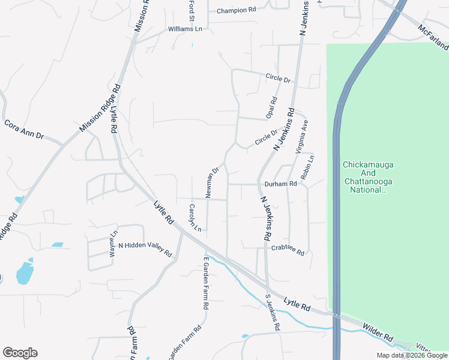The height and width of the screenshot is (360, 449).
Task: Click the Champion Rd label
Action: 237,10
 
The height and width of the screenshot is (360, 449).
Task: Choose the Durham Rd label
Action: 280,184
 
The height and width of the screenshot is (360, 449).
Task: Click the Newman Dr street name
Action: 213,182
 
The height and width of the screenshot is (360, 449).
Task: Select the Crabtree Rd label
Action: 288,248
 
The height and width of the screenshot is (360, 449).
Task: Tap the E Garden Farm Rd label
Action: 205,282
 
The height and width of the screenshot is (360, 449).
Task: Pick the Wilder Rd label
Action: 377,331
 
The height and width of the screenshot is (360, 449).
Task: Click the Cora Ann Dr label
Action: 25,128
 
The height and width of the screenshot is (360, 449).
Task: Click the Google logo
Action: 20,353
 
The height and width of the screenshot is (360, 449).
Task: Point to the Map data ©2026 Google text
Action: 412,355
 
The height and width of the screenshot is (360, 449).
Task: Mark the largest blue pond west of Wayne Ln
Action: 25,272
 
